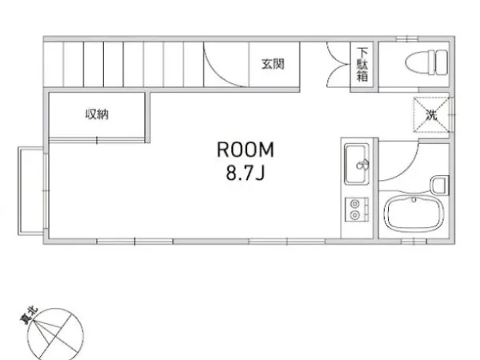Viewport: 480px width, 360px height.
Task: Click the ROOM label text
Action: tap(246, 150)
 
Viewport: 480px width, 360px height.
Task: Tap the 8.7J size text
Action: tap(246, 174)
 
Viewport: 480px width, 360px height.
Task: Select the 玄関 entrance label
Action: tap(273, 64)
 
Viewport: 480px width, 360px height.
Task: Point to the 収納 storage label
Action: tap(97, 114)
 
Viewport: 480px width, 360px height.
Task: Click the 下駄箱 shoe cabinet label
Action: tap(362, 65)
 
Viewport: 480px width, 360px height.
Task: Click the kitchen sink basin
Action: tap(355, 164)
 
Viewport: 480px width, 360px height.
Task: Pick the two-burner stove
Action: tap(357, 210)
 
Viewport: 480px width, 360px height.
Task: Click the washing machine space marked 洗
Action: tap(432, 114)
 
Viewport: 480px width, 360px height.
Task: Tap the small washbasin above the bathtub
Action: tap(440, 185)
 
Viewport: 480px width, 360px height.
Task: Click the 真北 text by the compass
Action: tap(29, 315)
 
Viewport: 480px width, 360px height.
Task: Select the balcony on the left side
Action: tap(30, 191)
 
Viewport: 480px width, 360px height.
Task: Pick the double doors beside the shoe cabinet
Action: tap(338, 65)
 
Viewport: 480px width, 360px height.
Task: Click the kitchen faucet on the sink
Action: tap(362, 164)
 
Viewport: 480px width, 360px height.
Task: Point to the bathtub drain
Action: tap(414, 200)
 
